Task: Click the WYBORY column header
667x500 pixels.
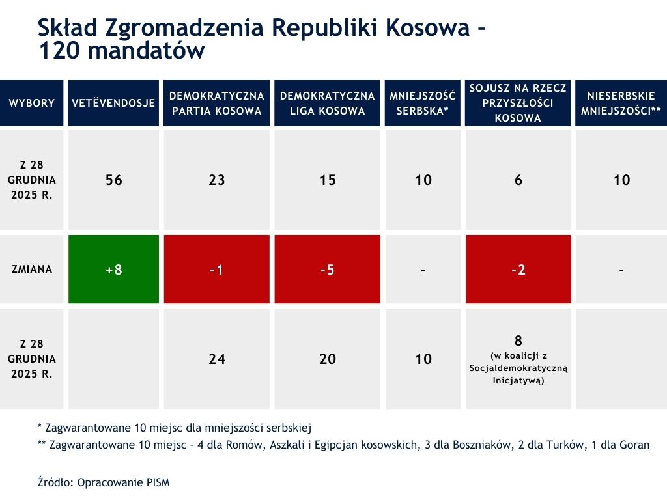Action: tap(32, 103)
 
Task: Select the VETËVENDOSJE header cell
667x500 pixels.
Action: tap(113, 103)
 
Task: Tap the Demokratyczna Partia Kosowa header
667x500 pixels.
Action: tap(216, 103)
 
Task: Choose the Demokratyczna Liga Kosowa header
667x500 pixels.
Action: tap(327, 103)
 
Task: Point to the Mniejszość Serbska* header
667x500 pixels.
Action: tap(423, 103)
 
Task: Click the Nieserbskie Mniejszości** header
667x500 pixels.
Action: tap(621, 103)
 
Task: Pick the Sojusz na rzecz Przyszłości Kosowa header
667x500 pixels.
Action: tap(518, 103)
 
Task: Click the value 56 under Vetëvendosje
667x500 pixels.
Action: tap(113, 180)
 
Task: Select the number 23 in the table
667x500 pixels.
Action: tap(216, 180)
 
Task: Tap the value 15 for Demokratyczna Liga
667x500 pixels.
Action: tap(327, 180)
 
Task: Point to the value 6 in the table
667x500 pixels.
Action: tap(518, 180)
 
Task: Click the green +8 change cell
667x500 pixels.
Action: tap(113, 270)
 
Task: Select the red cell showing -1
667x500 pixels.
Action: tap(216, 270)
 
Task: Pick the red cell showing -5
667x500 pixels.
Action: tap(327, 270)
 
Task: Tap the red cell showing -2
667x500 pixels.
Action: tap(518, 270)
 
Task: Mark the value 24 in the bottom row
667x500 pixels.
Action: tap(216, 359)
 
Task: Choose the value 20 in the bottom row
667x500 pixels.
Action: tap(327, 359)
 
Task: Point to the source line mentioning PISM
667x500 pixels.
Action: tap(104, 482)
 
